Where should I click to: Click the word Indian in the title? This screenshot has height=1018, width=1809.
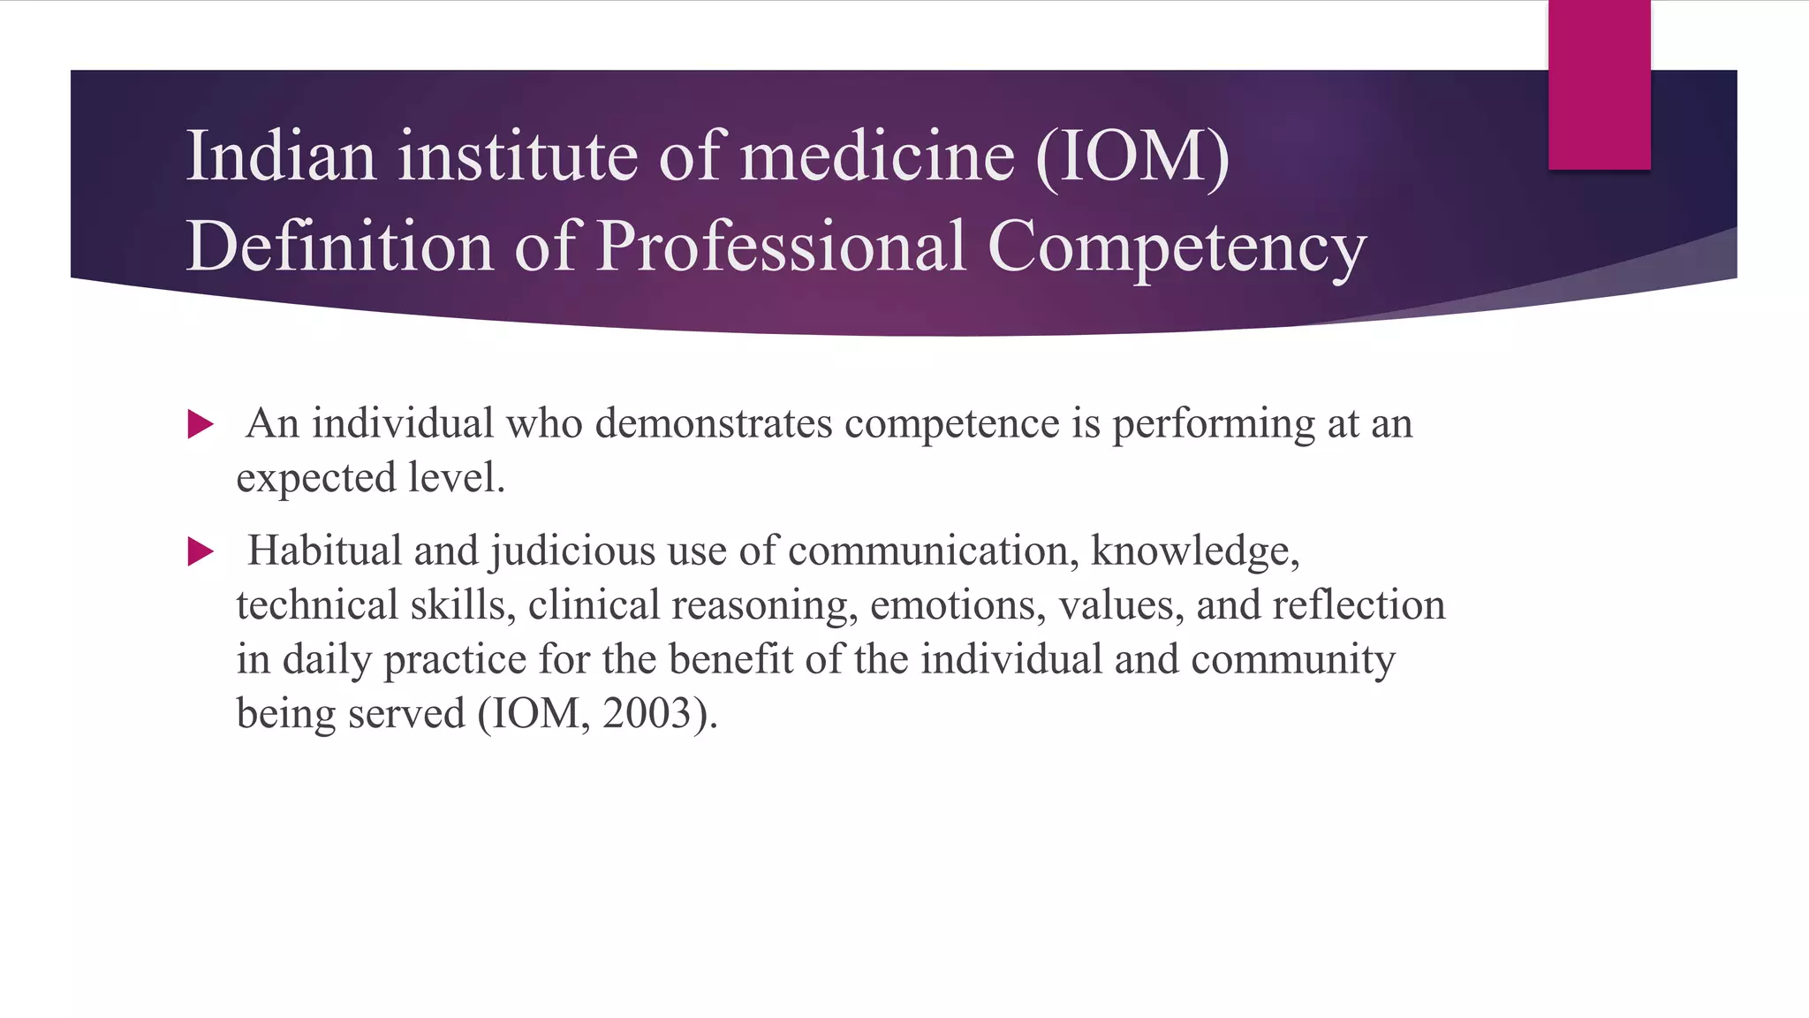coord(281,156)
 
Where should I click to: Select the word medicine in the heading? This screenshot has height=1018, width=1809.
coord(878,156)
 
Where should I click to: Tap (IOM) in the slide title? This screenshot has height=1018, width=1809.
coord(1132,156)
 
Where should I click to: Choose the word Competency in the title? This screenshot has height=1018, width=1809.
coord(1177,247)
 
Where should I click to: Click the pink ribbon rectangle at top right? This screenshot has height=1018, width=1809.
coord(1599,84)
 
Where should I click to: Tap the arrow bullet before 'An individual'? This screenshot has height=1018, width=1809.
coord(201,425)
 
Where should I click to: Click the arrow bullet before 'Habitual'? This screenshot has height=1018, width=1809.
coord(201,552)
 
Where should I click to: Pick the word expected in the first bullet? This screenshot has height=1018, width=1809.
coord(316,479)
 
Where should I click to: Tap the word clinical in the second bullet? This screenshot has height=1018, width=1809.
coord(594,605)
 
